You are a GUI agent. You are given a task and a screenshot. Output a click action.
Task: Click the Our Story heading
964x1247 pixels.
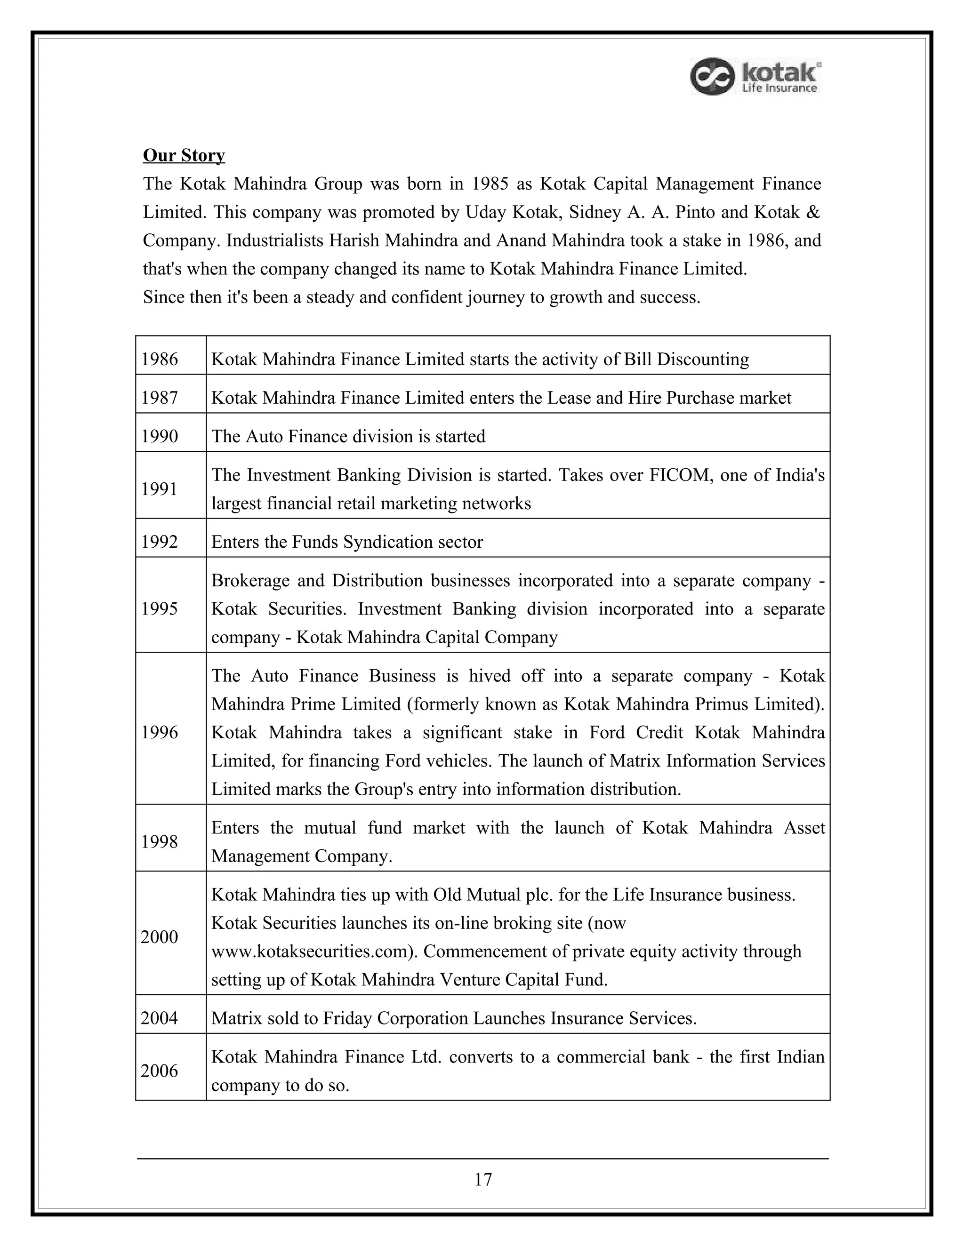pyautogui.click(x=184, y=155)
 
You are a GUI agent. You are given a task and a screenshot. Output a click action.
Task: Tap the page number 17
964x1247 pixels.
pyautogui.click(x=482, y=1179)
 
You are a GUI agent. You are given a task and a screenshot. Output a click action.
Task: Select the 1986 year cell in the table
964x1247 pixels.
pyautogui.click(x=160, y=359)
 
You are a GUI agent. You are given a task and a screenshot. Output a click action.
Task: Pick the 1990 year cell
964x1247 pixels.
pyautogui.click(x=160, y=436)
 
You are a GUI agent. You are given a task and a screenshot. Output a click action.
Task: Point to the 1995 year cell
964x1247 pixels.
pyautogui.click(x=160, y=608)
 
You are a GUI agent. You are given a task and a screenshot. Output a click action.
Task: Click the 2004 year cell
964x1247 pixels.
pyautogui.click(x=160, y=1018)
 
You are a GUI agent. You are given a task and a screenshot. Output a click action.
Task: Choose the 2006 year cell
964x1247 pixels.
pyautogui.click(x=160, y=1071)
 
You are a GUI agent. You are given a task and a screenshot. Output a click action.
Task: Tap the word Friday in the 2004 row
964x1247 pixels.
pyautogui.click(x=349, y=1018)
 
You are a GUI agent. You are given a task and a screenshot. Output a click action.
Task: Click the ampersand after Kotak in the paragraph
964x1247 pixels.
pyautogui.click(x=814, y=212)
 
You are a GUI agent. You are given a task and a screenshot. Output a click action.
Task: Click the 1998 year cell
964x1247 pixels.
pyautogui.click(x=160, y=842)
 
